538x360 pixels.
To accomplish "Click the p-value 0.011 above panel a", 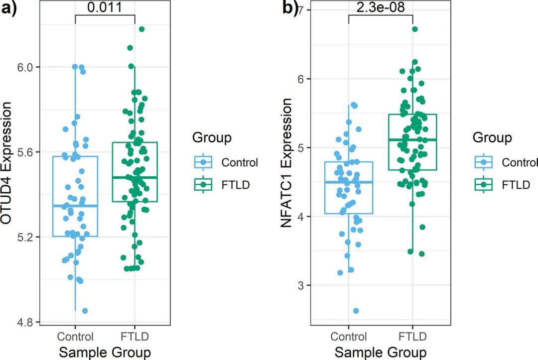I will click(105, 7).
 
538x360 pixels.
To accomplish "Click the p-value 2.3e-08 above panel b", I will click(381, 7).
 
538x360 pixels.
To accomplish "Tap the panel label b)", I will click(289, 8).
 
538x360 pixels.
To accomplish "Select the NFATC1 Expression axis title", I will click(286, 163).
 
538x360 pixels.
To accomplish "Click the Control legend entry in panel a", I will click(240, 162).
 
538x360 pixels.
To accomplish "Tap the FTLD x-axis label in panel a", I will click(135, 335).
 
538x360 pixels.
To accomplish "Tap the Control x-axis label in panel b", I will click(349, 337).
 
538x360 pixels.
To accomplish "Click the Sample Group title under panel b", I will click(380, 352).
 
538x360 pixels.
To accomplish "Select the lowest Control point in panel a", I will click(85, 311).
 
